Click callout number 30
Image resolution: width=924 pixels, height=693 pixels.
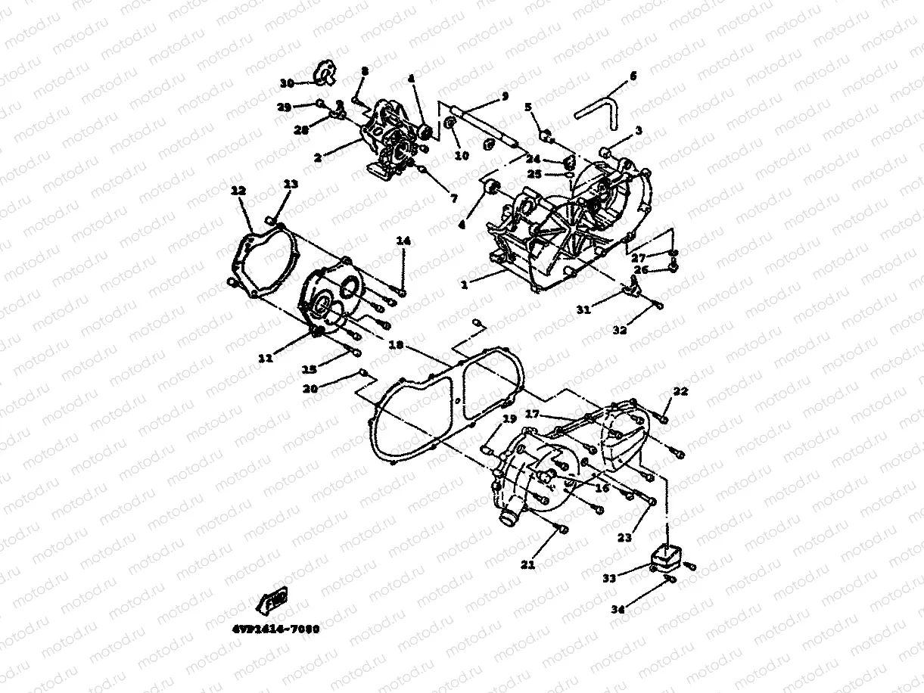pyautogui.click(x=286, y=82)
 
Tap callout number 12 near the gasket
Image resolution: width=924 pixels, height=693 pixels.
pyautogui.click(x=239, y=192)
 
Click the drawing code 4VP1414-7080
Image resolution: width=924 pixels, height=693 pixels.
pyautogui.click(x=272, y=628)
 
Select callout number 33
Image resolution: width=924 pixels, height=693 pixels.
pyautogui.click(x=609, y=577)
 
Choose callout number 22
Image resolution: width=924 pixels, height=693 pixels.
pyautogui.click(x=681, y=391)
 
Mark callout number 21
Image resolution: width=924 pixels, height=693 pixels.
pyautogui.click(x=527, y=564)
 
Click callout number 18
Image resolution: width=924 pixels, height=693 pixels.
pyautogui.click(x=395, y=345)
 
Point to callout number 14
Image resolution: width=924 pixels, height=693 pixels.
pyautogui.click(x=403, y=241)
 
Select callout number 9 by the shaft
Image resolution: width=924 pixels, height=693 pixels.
pyautogui.click(x=505, y=95)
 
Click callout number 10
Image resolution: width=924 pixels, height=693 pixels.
pyautogui.click(x=462, y=156)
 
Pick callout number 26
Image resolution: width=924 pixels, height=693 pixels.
pyautogui.click(x=640, y=270)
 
